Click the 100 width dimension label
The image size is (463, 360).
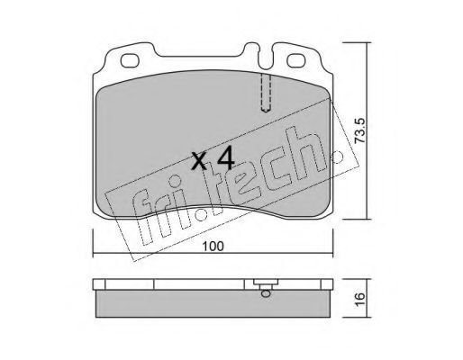coord(213,247)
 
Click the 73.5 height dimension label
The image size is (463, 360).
coord(360,130)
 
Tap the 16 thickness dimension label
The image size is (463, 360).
coord(360,299)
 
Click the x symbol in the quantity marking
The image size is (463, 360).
coord(199,161)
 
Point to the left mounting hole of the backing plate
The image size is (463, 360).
coord(130,60)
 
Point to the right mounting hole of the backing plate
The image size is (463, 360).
coord(296,60)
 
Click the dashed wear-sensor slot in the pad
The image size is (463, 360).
coord(266,93)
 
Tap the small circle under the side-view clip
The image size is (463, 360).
coord(266,293)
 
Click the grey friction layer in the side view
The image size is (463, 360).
coord(213,303)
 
